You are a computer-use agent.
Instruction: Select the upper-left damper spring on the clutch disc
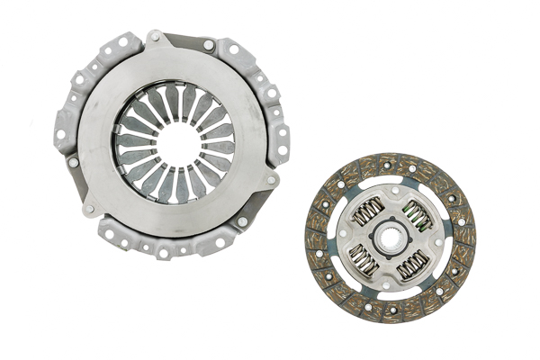[x=368, y=214]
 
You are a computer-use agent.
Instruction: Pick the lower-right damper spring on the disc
[x=413, y=263]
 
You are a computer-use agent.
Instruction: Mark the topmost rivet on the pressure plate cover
[x=155, y=36]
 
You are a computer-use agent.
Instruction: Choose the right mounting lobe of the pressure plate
[x=280, y=135]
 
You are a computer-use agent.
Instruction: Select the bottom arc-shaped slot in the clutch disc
[x=390, y=293]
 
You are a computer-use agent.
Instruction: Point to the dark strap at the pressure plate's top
[x=184, y=40]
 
